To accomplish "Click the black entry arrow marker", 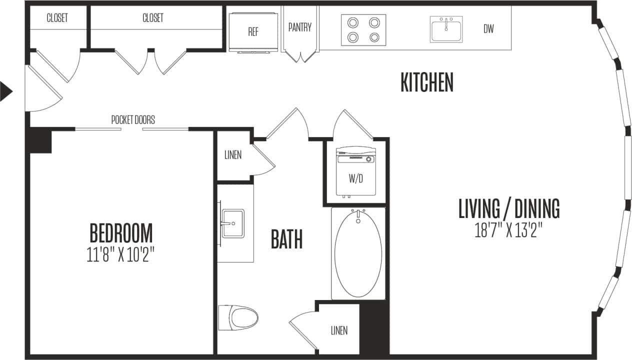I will (x=5, y=91).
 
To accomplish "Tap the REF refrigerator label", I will (x=253, y=32).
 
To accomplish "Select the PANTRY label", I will (x=300, y=27).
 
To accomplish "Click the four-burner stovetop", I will (x=363, y=29).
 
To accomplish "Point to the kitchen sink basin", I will (x=446, y=29).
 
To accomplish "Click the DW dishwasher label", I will (x=488, y=29).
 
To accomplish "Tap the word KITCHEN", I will (x=426, y=83).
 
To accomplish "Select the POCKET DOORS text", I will (x=133, y=120).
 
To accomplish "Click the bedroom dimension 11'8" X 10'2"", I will (x=120, y=255).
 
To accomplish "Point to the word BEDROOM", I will (x=121, y=233).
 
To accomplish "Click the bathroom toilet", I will (x=238, y=317).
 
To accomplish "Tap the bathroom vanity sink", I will (x=233, y=223).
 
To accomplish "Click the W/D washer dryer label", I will (x=355, y=178).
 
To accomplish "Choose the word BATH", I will (x=286, y=239).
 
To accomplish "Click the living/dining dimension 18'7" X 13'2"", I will (x=508, y=230).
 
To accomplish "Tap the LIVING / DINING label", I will (x=509, y=208).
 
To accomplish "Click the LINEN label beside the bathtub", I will (x=339, y=330).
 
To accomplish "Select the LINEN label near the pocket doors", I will (x=233, y=155).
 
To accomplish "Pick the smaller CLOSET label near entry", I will (x=57, y=18).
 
